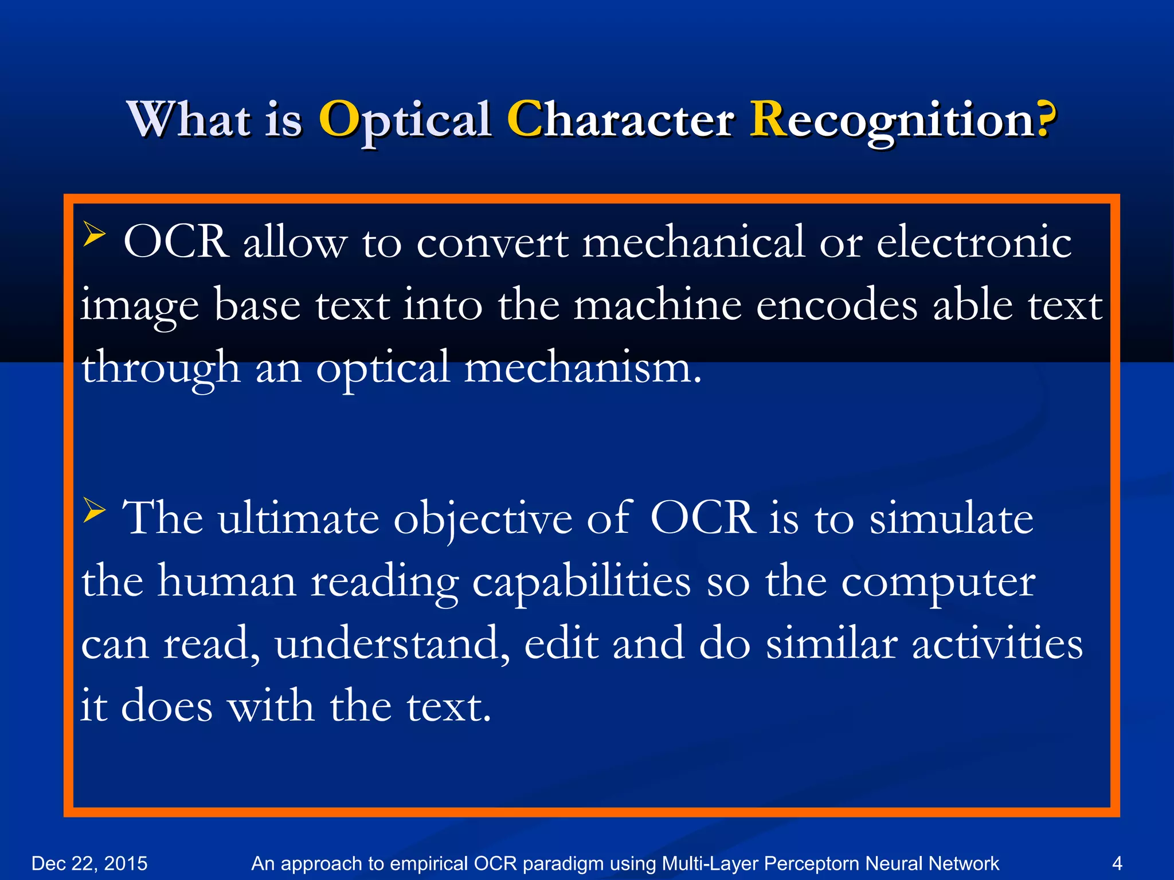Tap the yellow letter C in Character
[524, 119]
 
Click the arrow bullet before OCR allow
[95, 234]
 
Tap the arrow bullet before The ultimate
[95, 509]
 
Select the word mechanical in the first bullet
[694, 242]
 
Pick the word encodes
[837, 305]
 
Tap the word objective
[483, 519]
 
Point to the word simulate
[952, 518]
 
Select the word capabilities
[581, 582]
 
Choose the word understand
[392, 644]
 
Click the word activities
[997, 644]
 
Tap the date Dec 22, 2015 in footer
[89, 863]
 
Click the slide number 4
[1117, 863]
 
